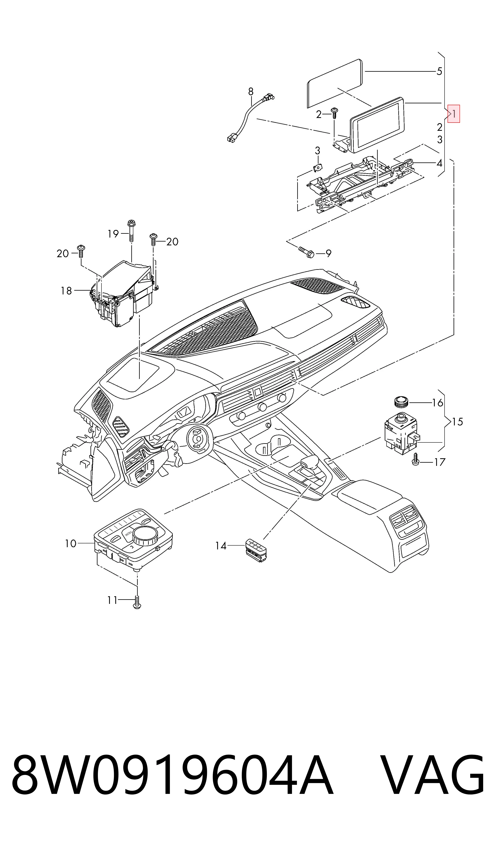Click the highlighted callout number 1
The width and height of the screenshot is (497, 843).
coord(454,114)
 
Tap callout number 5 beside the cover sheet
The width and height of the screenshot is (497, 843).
coord(439,71)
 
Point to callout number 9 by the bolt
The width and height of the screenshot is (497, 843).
coord(328,254)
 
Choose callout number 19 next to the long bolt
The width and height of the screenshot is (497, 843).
coord(113,234)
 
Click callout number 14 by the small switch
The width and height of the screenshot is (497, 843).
coord(221,546)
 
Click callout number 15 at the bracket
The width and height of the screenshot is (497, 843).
coord(457,421)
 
